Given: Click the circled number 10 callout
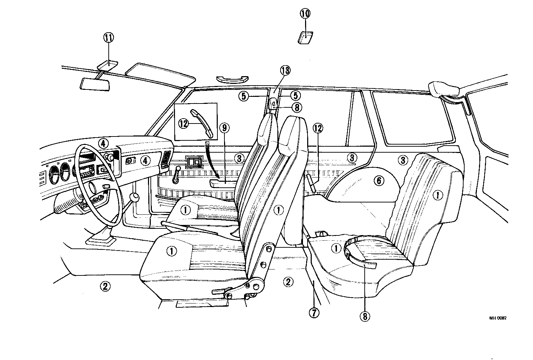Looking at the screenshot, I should [305, 14].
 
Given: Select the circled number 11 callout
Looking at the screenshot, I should [108, 38].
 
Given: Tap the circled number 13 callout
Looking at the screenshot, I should [285, 71].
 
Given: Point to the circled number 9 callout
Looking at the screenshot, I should [224, 128].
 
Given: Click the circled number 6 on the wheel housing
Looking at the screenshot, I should [379, 181].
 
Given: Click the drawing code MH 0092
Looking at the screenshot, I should [498, 318].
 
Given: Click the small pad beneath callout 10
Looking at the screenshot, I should [305, 37].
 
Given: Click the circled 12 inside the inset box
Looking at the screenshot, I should [183, 123].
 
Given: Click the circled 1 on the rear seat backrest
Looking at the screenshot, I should [437, 195].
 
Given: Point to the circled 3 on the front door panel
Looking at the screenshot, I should [239, 158].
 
